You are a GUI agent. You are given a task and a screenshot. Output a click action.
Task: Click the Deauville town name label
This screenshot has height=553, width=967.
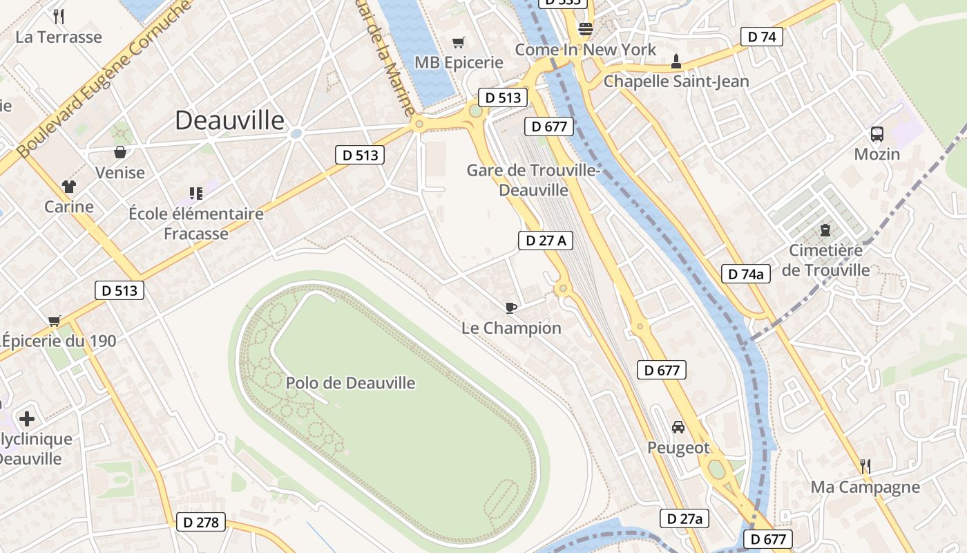[x=229, y=120]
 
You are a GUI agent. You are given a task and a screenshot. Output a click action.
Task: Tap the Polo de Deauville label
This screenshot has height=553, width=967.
[x=350, y=383]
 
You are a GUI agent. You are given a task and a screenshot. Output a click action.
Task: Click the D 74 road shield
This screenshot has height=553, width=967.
[x=762, y=37]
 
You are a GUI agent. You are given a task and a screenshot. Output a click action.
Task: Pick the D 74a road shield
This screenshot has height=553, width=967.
[x=745, y=274]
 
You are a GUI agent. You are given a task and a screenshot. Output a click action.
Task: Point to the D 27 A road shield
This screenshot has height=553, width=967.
[x=546, y=241]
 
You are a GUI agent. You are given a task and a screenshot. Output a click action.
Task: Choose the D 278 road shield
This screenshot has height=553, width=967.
[x=201, y=522]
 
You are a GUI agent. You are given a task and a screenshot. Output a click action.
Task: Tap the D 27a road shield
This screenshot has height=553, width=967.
[x=684, y=518]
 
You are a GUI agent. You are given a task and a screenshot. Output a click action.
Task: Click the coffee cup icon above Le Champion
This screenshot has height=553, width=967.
[x=510, y=308]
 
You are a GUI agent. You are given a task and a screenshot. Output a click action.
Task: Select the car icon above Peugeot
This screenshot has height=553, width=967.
[x=678, y=427]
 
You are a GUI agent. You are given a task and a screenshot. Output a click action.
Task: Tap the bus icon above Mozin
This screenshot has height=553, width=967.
[x=877, y=134]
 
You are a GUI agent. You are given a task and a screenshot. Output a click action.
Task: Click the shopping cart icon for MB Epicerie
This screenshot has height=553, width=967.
[x=458, y=43]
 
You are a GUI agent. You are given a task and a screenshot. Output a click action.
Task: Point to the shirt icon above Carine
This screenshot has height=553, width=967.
[x=69, y=187]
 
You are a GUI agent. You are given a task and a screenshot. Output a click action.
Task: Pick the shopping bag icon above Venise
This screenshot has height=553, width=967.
[x=120, y=152]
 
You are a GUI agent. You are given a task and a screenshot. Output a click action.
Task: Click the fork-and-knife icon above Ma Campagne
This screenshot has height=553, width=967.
[x=865, y=467]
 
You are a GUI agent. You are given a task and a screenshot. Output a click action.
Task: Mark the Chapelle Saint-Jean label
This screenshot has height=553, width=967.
[x=676, y=82]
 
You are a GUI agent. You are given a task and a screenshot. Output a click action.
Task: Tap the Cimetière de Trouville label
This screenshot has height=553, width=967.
[x=825, y=260]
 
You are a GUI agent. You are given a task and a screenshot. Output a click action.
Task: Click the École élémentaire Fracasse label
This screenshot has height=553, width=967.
[x=196, y=223]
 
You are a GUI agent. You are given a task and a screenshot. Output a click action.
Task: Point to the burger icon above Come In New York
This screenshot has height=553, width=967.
[x=586, y=29]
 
